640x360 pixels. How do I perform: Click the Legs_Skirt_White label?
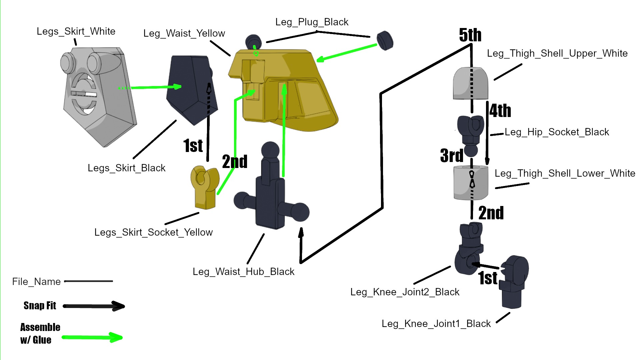tap(76, 31)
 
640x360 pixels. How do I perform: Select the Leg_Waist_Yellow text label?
tap(184, 33)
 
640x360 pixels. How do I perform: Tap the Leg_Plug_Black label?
tap(312, 22)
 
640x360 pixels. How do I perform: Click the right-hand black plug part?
tap(385, 41)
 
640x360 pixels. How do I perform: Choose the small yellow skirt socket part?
tap(204, 187)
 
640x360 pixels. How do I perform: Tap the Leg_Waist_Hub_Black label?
tap(243, 272)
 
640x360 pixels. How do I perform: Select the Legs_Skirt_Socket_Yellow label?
tap(153, 232)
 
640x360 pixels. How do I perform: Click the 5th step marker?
tap(470, 35)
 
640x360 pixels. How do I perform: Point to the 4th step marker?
tap(500, 111)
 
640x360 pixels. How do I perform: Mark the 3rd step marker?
tap(452, 155)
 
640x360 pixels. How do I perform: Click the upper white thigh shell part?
tap(470, 83)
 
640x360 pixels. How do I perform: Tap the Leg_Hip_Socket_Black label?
tap(557, 132)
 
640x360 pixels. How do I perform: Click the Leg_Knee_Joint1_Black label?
tap(436, 324)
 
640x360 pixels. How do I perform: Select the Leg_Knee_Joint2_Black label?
tap(405, 292)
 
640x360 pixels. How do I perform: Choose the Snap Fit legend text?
tap(40, 306)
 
